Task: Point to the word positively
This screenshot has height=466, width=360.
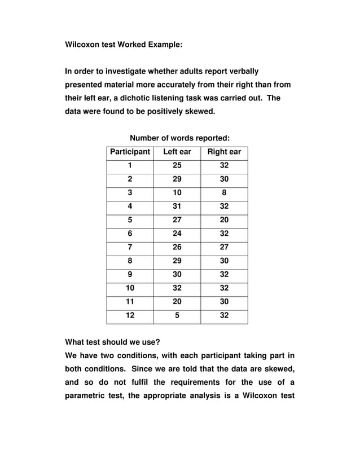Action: [169, 111]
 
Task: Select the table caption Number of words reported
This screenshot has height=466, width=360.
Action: [179, 138]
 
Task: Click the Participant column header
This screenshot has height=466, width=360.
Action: [130, 152]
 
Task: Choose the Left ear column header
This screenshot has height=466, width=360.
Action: [177, 152]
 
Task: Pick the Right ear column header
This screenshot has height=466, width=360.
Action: [224, 152]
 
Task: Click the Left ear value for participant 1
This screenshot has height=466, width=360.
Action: [177, 165]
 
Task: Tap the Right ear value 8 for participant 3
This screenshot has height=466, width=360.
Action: [224, 193]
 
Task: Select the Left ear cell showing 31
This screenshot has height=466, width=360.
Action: [177, 206]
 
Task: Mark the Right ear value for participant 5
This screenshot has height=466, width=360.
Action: [224, 220]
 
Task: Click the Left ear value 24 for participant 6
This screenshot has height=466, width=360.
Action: [177, 234]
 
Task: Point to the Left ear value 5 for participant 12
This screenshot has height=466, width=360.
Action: [177, 315]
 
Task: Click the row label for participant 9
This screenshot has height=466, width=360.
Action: [130, 275]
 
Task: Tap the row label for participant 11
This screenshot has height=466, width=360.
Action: [130, 302]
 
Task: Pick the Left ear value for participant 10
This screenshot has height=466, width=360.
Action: [177, 288]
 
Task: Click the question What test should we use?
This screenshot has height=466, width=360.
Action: [112, 342]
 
